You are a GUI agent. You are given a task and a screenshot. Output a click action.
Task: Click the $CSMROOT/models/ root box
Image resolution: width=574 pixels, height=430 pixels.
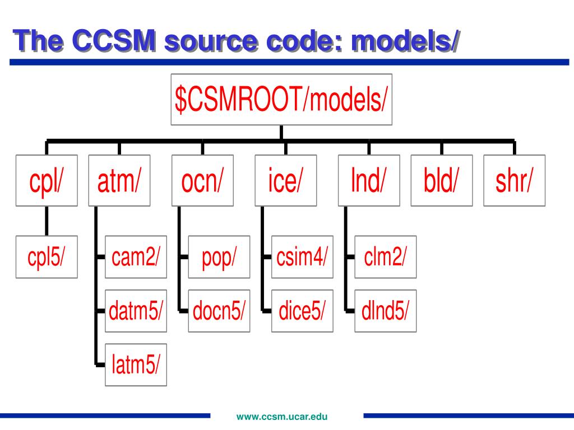click(281, 99)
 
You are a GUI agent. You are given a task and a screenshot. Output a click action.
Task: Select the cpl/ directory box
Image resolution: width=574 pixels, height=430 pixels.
click(47, 180)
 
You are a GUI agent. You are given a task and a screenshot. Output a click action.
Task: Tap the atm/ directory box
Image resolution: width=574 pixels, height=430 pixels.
click(119, 180)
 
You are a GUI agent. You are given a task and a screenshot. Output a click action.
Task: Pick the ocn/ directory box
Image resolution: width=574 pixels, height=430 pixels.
click(202, 180)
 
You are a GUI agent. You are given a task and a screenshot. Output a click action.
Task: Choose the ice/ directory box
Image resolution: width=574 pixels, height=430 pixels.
click(285, 180)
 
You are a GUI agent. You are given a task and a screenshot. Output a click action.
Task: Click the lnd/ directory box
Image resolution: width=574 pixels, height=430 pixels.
click(369, 180)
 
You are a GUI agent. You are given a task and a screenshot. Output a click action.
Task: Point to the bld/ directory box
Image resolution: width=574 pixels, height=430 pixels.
click(441, 180)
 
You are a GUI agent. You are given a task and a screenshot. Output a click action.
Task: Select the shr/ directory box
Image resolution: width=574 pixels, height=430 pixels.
click(514, 180)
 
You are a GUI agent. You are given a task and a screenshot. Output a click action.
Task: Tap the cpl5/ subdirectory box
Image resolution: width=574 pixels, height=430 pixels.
click(47, 257)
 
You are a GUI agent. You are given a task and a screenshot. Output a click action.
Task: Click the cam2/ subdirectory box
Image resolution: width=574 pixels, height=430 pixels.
click(136, 257)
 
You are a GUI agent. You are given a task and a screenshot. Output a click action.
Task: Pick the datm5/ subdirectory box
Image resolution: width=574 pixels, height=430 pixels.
click(136, 311)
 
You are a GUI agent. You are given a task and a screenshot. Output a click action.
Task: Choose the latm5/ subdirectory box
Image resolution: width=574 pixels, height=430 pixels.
click(136, 364)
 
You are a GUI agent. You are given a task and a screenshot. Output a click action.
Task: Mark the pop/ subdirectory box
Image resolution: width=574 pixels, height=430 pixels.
click(219, 257)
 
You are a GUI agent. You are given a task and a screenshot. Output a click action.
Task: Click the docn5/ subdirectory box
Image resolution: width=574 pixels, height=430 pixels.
click(219, 311)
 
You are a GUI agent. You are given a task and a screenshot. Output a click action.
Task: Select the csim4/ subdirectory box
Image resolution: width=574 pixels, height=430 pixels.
click(302, 257)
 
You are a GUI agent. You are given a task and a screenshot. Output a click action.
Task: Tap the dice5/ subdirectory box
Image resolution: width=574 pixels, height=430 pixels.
click(302, 311)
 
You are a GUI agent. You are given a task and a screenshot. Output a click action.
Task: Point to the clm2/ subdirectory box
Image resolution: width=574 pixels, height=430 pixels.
click(386, 257)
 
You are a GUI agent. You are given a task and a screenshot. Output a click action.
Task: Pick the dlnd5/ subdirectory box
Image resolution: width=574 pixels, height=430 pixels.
click(386, 311)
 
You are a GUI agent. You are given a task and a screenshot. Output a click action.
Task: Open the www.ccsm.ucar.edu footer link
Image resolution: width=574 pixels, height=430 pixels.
click(281, 416)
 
